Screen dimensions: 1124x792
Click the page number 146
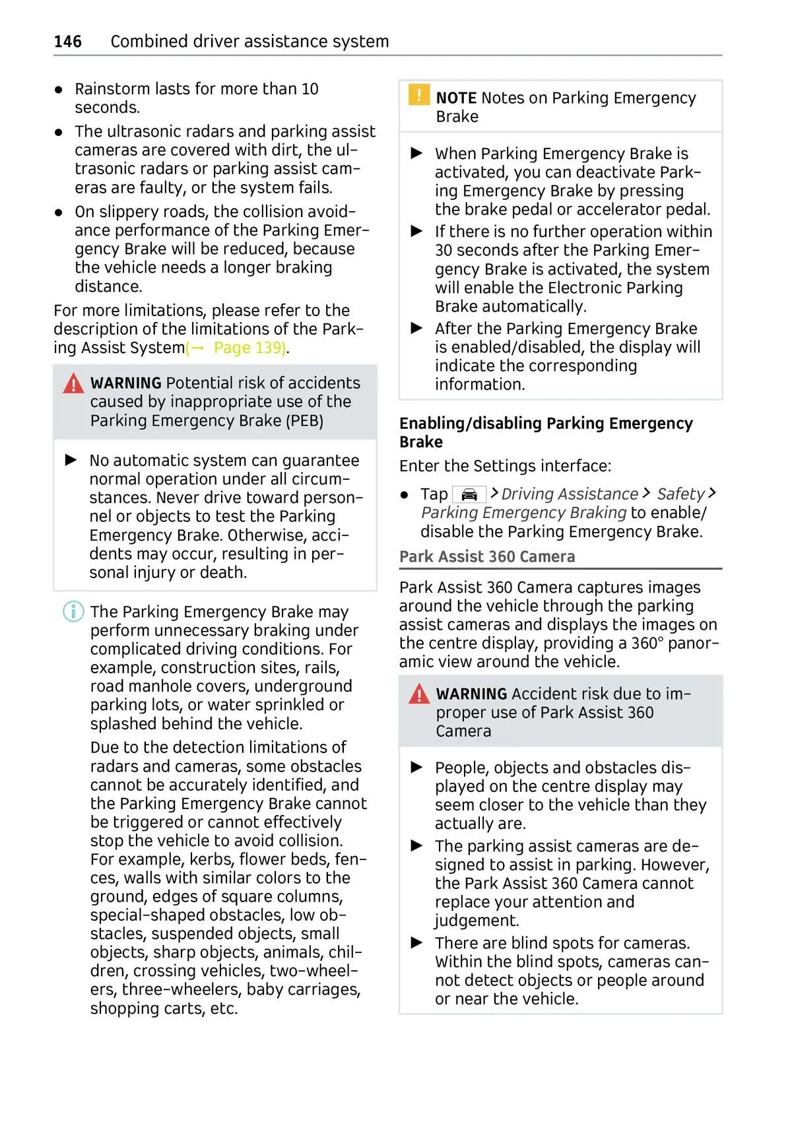pos(67,42)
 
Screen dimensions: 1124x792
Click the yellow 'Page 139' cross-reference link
pos(249,348)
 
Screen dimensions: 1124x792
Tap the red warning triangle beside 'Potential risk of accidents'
pos(73,383)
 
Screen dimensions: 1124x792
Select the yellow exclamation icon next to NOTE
pos(418,95)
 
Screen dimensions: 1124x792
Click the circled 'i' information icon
pos(73,612)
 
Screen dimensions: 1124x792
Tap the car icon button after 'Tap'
pos(469,494)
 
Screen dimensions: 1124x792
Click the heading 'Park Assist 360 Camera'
pos(487,556)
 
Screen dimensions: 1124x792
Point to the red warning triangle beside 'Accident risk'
pos(419,694)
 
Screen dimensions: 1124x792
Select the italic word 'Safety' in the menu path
pos(680,494)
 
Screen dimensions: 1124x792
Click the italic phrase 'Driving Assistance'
pos(570,494)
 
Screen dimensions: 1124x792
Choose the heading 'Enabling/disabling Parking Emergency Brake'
pos(546,432)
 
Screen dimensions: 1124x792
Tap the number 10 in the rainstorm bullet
pos(310,89)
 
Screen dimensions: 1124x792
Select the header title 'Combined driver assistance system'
pos(249,42)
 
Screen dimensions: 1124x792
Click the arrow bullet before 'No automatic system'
pos(71,460)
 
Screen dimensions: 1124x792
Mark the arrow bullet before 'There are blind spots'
pos(417,942)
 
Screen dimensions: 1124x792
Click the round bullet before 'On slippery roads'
pos(59,213)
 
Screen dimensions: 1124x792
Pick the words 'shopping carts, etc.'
pos(164,1008)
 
